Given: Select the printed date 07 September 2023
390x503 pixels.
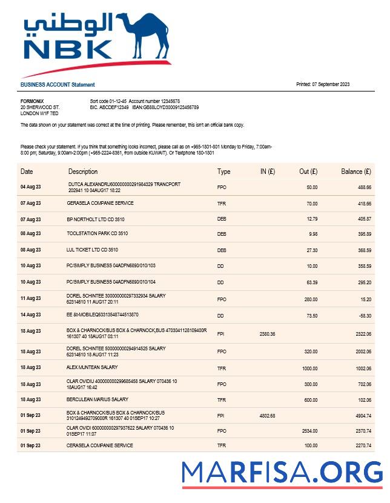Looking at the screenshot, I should pos(323,84).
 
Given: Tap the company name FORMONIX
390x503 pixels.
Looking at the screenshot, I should pos(32,101).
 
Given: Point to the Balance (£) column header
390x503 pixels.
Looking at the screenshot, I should pos(356,172).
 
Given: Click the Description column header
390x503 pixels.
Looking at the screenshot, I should pos(83,172).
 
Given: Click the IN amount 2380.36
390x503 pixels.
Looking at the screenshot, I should pos(267,334).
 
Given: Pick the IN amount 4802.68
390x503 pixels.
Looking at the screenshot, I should pos(267,416).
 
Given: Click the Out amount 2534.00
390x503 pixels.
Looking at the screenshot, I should pos(309,431).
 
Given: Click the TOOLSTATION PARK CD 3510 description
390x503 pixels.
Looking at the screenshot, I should pos(97,233).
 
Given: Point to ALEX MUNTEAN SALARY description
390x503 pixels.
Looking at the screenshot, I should pos(92,367).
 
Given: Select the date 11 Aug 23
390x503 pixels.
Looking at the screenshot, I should pos(31,299).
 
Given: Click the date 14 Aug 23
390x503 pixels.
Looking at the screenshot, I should pos(31,315).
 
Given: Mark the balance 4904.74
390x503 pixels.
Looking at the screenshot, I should pos(362,416).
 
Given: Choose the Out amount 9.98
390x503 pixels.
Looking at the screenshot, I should pos(312,233).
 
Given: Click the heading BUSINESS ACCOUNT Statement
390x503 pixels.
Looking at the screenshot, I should pos(58,85).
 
